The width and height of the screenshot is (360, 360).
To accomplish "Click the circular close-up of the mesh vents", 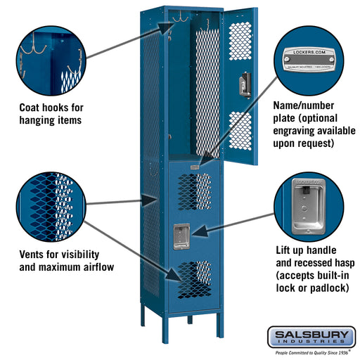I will [51, 203].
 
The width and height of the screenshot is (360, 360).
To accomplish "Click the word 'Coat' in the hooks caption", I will [33, 108].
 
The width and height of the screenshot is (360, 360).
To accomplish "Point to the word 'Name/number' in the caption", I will [304, 105].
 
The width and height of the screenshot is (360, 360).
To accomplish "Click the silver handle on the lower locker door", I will [181, 235].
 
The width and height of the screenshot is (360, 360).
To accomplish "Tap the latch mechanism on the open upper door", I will [244, 83].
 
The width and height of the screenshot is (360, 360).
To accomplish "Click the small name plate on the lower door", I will [193, 167].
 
